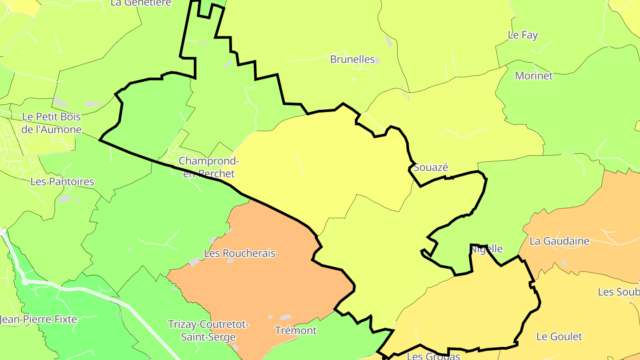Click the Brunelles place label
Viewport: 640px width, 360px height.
point(352,59)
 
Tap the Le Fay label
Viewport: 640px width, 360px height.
point(523,35)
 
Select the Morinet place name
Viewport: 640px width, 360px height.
point(534,76)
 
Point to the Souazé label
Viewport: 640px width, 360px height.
point(431,168)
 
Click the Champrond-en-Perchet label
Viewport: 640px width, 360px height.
point(208,167)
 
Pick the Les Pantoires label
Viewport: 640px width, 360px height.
point(62,181)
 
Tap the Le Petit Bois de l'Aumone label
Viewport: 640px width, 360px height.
point(52,123)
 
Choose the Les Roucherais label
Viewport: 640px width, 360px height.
point(240,253)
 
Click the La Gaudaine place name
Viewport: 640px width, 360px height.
point(559,241)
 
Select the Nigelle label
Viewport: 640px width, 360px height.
point(487,249)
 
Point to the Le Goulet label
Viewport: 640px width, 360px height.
point(559,336)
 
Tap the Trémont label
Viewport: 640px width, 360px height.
point(296,331)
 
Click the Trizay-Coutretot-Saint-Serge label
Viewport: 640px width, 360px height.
point(208,331)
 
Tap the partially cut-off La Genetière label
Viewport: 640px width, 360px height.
point(141,3)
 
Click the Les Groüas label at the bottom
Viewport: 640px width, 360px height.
point(433,356)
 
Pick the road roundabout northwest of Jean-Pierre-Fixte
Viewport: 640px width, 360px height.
point(25,282)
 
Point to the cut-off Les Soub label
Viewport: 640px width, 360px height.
point(618,292)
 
